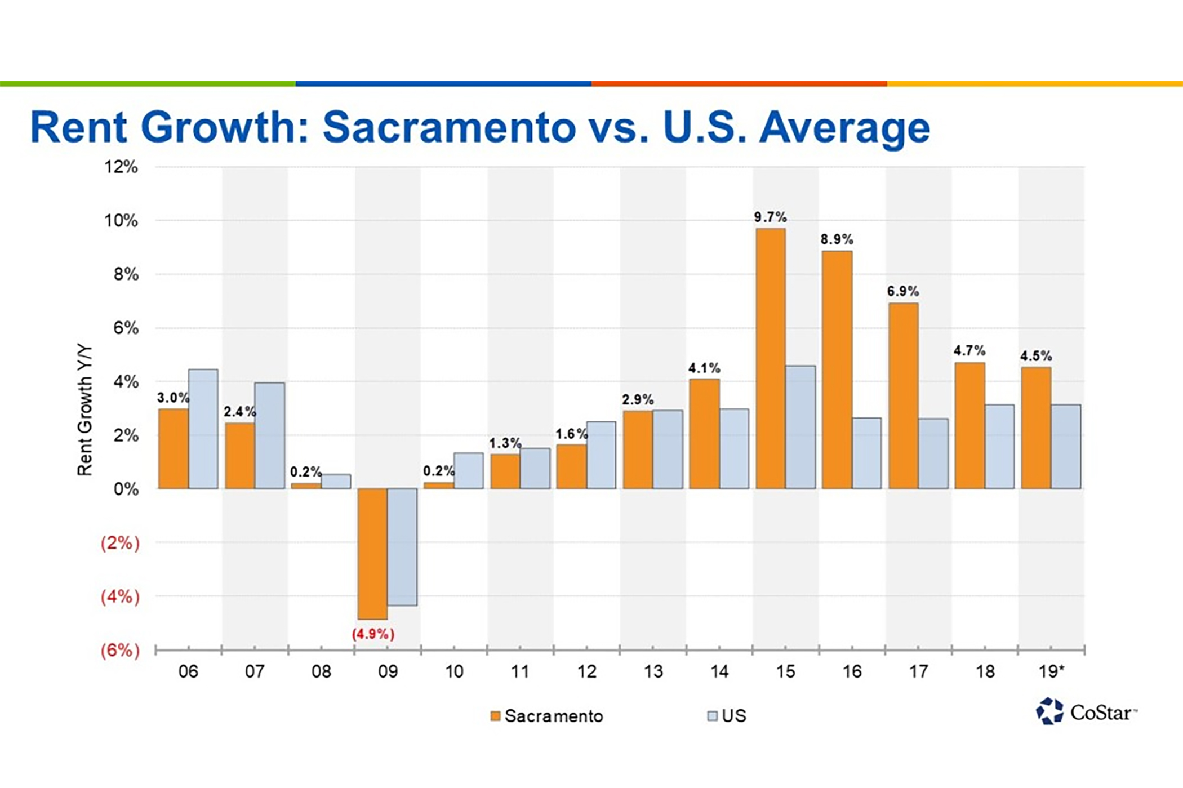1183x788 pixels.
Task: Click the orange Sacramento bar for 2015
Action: pyautogui.click(x=770, y=358)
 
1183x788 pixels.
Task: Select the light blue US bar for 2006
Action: pyautogui.click(x=203, y=429)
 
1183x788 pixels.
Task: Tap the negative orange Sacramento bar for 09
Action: pyautogui.click(x=372, y=554)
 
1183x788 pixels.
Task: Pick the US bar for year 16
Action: pyautogui.click(x=867, y=453)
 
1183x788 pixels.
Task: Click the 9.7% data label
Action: pyautogui.click(x=770, y=217)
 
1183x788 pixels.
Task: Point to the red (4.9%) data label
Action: pyautogui.click(x=373, y=634)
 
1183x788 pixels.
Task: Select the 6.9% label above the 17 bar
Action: pyautogui.click(x=902, y=291)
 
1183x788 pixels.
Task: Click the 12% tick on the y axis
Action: pyautogui.click(x=121, y=167)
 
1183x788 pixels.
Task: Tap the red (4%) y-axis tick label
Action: pyautogui.click(x=120, y=596)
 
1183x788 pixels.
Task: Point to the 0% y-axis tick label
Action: pyautogui.click(x=126, y=489)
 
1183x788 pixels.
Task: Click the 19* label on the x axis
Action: pyautogui.click(x=1051, y=671)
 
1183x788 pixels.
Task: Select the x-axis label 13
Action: pyautogui.click(x=653, y=671)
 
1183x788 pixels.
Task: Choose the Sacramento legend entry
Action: pyautogui.click(x=547, y=716)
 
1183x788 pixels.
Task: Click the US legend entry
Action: pyautogui.click(x=727, y=716)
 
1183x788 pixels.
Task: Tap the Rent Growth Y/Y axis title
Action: pyautogui.click(x=84, y=410)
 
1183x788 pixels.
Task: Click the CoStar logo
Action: pyautogui.click(x=1086, y=712)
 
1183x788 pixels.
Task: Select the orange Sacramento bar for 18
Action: pyautogui.click(x=969, y=426)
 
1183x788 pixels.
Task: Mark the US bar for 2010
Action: pyautogui.click(x=469, y=471)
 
